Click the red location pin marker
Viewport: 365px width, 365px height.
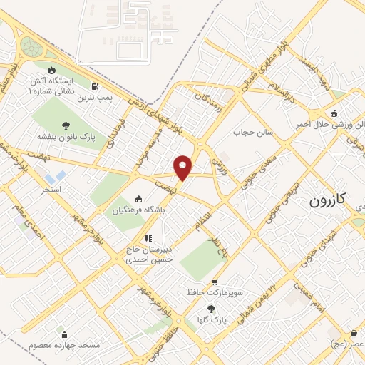(183, 167)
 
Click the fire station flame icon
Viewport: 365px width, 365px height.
(51, 70)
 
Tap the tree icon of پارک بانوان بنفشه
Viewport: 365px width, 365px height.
(66, 125)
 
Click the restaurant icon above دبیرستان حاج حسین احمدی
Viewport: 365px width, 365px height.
(148, 239)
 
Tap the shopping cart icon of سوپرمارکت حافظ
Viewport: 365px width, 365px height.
(215, 282)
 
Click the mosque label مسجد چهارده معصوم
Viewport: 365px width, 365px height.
(64, 345)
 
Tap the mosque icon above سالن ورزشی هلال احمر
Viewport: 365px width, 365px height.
(333, 113)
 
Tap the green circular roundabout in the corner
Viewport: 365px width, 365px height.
(31, 46)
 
